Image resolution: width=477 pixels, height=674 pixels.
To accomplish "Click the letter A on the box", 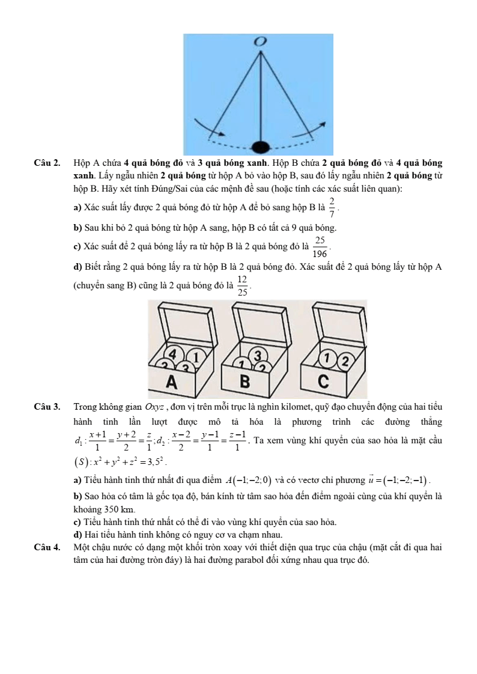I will coord(172,381).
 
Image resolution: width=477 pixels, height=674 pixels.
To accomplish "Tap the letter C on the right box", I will coord(323,380).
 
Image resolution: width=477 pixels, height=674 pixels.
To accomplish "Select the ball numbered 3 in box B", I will coord(258,354).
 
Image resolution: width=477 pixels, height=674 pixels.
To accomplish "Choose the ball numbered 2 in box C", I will coord(345,362).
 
